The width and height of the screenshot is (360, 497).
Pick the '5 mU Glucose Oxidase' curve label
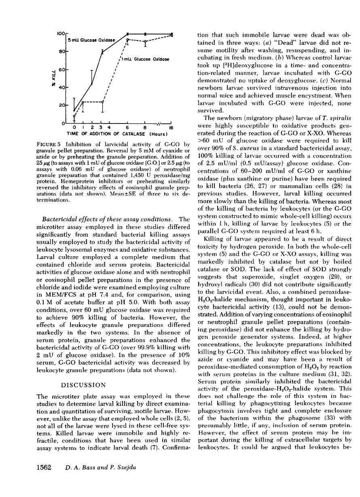[x=92, y=40]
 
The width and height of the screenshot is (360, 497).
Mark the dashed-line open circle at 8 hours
[x=145, y=41]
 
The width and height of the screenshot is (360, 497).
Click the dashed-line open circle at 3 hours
[x=102, y=102]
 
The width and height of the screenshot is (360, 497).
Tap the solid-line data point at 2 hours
[x=92, y=84]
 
